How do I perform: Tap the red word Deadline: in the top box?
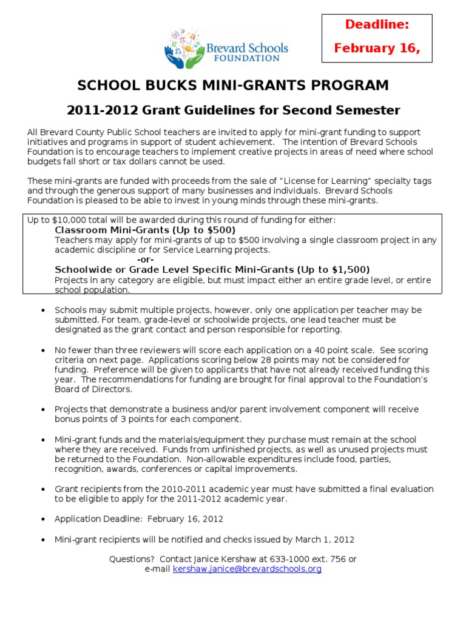[377, 24]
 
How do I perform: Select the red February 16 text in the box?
[377, 49]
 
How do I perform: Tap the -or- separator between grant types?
[146, 260]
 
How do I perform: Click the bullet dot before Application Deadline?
[42, 520]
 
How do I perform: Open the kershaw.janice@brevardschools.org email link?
[247, 569]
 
